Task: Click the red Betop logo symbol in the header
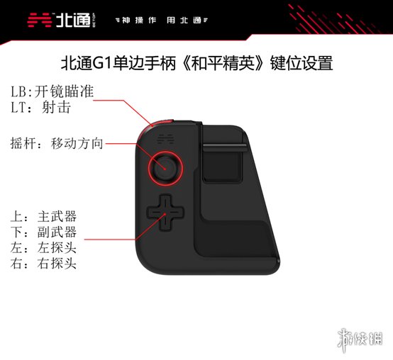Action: click(x=40, y=20)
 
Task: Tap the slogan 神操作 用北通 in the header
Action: click(x=162, y=21)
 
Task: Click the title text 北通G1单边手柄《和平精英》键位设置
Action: click(x=197, y=63)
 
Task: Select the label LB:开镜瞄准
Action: click(x=52, y=91)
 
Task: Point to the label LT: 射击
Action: click(x=41, y=107)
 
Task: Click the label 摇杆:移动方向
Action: click(x=57, y=143)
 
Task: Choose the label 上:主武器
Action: click(x=43, y=217)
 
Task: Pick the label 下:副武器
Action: click(x=43, y=232)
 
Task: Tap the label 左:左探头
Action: click(x=43, y=247)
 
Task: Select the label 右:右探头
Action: click(x=43, y=263)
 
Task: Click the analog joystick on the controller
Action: click(x=165, y=168)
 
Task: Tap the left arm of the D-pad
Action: click(x=153, y=213)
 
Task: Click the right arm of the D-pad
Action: click(x=178, y=213)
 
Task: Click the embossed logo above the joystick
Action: click(x=165, y=139)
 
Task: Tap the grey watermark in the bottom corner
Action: click(x=360, y=340)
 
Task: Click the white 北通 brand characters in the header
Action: click(x=73, y=20)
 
